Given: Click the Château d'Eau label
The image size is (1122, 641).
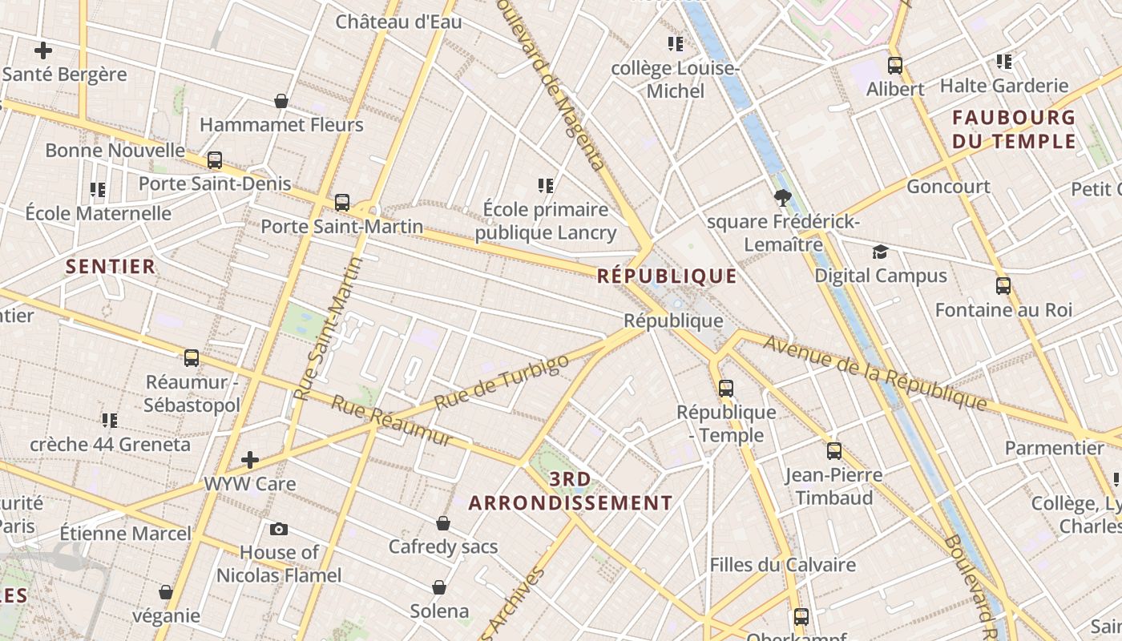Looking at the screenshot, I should click(398, 22).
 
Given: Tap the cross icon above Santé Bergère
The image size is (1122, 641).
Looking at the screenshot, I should click(43, 50).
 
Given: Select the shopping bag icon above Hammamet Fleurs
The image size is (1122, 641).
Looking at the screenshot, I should click(281, 101).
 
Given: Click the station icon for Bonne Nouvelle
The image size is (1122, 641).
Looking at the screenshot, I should click(214, 160).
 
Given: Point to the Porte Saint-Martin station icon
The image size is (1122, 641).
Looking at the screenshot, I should click(342, 203).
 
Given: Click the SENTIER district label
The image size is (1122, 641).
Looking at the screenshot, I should click(111, 267).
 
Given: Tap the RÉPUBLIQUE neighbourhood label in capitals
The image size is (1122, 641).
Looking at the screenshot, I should click(667, 276).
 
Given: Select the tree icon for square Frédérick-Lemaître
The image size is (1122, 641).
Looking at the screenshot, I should click(782, 197).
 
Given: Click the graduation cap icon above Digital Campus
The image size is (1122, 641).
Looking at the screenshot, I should click(881, 252).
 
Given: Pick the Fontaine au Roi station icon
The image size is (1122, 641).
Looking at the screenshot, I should click(1003, 286).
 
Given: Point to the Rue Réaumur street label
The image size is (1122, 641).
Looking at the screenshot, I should click(391, 421).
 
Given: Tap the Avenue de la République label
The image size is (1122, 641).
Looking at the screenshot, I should click(874, 373).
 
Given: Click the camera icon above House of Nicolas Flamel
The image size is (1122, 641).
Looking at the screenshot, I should click(279, 529).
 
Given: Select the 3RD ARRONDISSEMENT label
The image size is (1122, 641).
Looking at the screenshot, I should click(571, 491).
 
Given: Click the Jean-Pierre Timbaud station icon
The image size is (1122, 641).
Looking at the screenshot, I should click(834, 451).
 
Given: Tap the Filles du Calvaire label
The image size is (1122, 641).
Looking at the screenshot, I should click(782, 565).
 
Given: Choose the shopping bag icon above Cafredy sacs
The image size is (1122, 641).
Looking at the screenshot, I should click(443, 524).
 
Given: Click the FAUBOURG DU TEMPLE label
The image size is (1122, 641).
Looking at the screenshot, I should click(1014, 130).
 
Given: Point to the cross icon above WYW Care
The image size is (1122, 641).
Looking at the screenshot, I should click(250, 460).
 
